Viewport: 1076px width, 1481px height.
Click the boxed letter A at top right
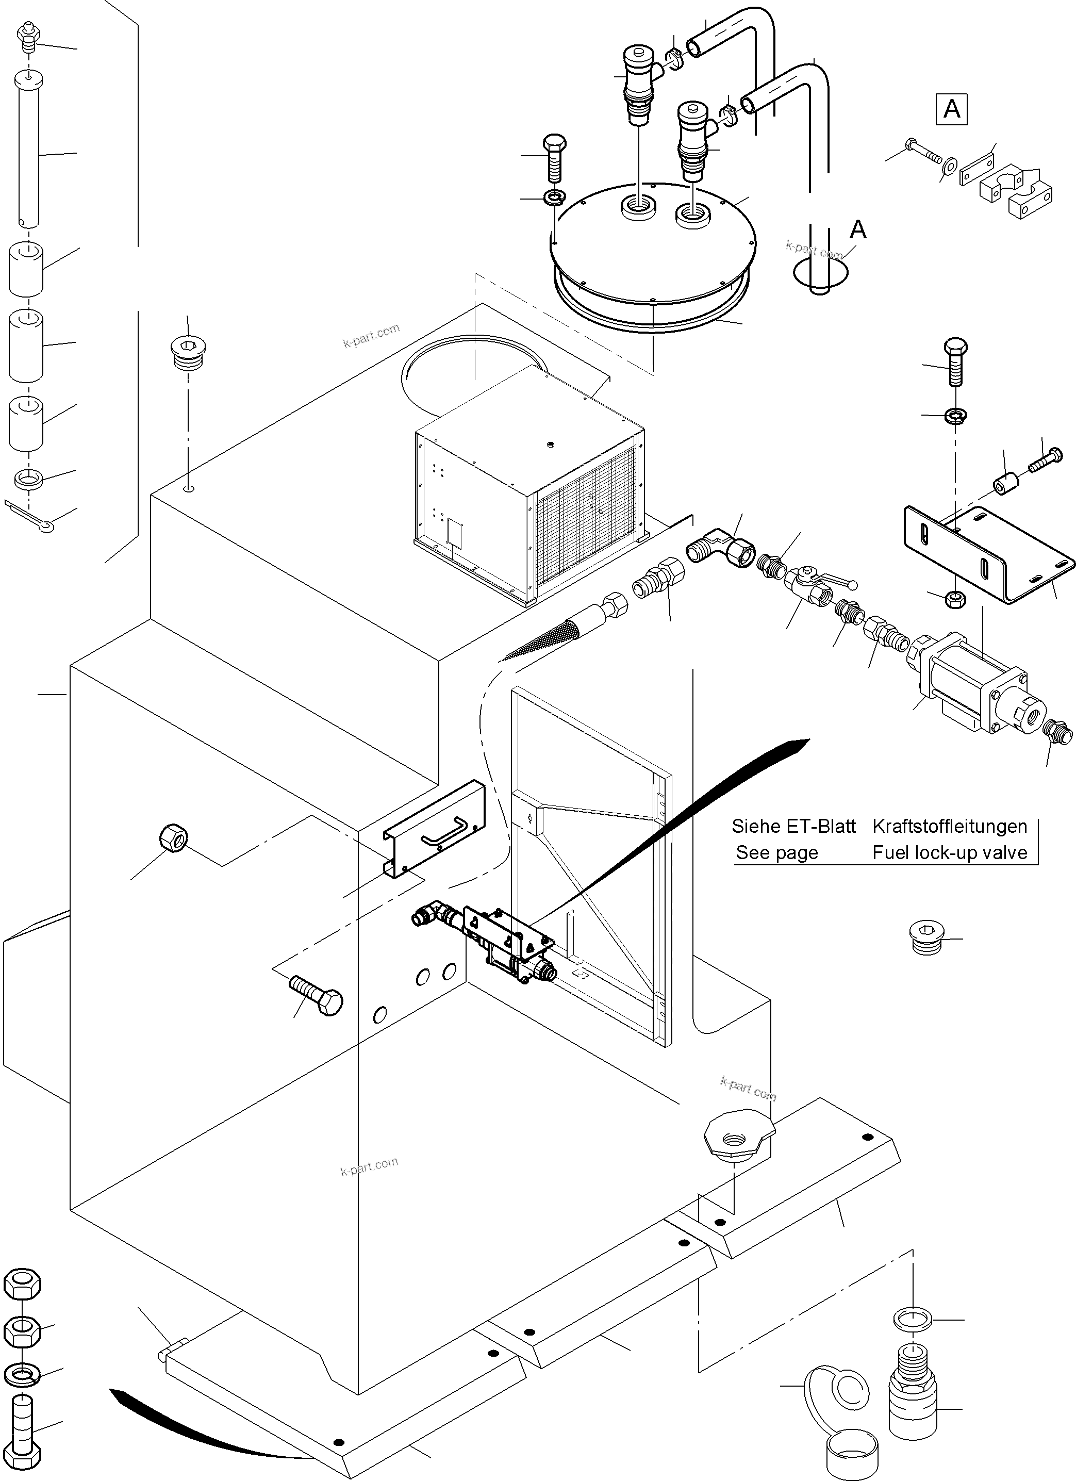pos(951,109)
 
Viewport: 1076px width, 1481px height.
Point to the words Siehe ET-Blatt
pos(793,826)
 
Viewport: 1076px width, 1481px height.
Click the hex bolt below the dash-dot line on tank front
pos(317,996)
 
